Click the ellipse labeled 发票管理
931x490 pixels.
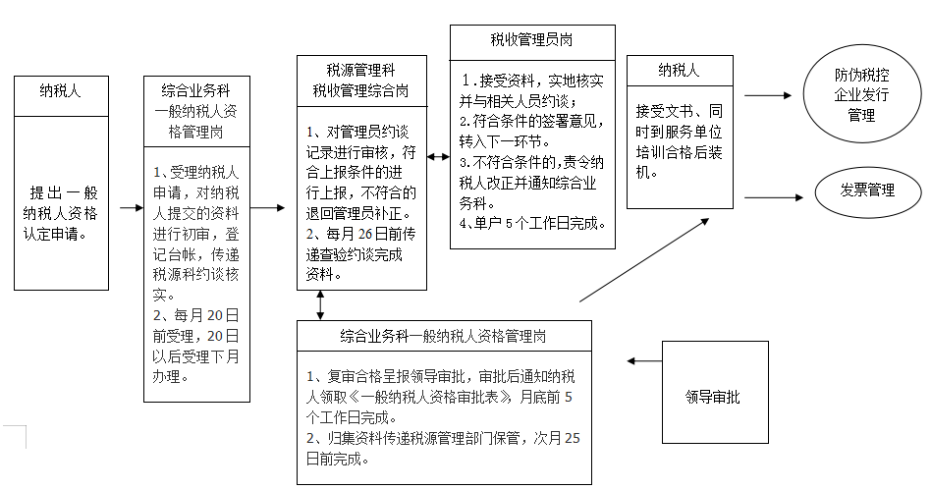tap(867, 191)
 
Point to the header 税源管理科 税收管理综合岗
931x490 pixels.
tap(361, 80)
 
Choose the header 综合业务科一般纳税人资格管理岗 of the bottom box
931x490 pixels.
tap(445, 336)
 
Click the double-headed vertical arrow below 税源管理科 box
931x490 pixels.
tap(320, 304)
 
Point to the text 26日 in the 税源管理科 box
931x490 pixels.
tap(376, 240)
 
